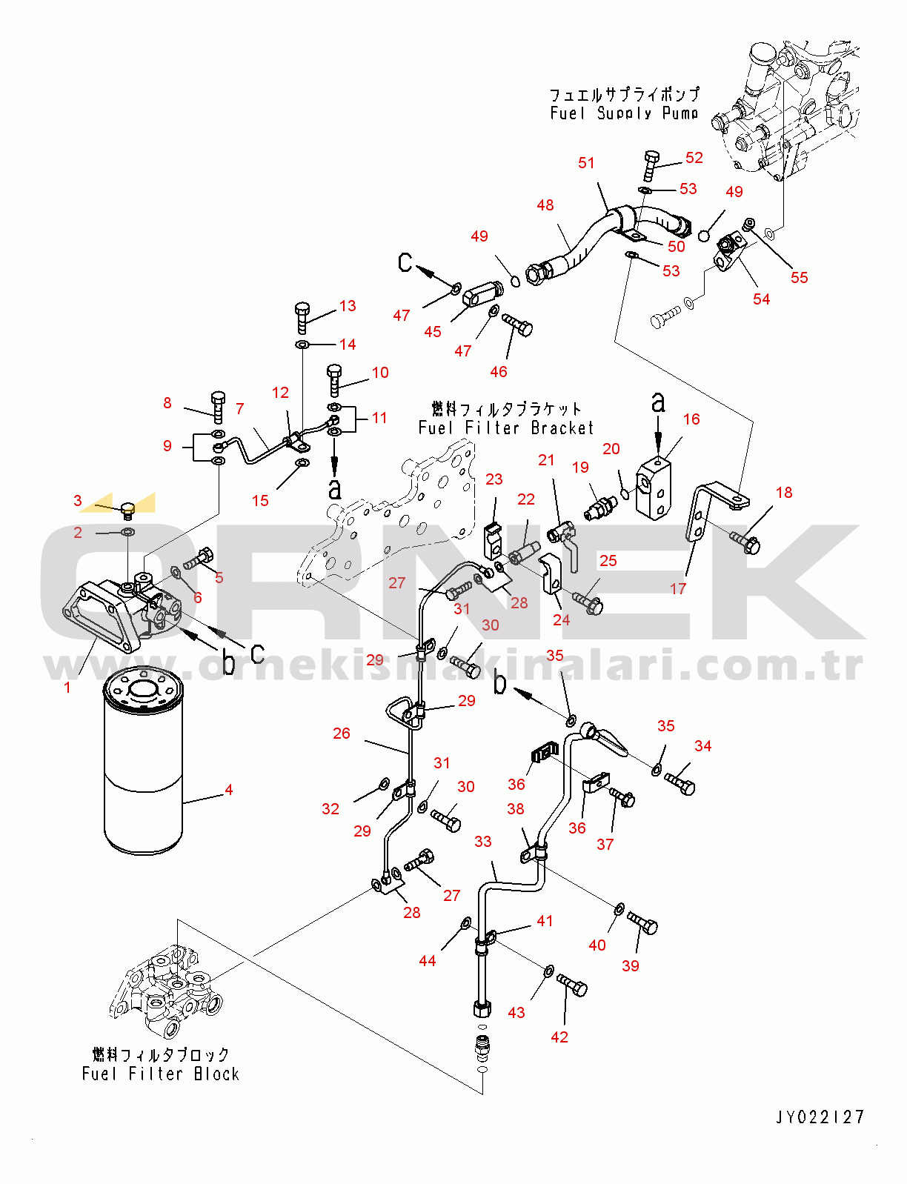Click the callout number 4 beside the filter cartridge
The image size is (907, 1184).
click(x=229, y=790)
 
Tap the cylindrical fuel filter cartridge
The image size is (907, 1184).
click(x=143, y=763)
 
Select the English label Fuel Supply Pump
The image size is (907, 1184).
click(x=624, y=113)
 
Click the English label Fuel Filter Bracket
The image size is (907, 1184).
click(x=506, y=428)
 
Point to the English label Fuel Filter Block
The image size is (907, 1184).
click(x=161, y=1074)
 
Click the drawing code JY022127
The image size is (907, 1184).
click(x=820, y=1117)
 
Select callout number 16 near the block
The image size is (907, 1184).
click(x=691, y=419)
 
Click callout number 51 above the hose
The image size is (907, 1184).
click(x=586, y=163)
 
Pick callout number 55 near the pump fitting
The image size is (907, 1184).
click(x=799, y=277)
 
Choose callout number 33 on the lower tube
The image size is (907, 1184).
click(x=483, y=841)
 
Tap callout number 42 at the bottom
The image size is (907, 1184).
click(x=559, y=1037)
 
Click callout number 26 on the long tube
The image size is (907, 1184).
click(x=341, y=733)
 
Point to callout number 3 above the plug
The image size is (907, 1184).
click(x=78, y=501)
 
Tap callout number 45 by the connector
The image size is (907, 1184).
click(x=433, y=332)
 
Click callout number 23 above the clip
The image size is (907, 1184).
click(x=494, y=479)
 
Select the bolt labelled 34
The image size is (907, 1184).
click(x=680, y=782)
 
